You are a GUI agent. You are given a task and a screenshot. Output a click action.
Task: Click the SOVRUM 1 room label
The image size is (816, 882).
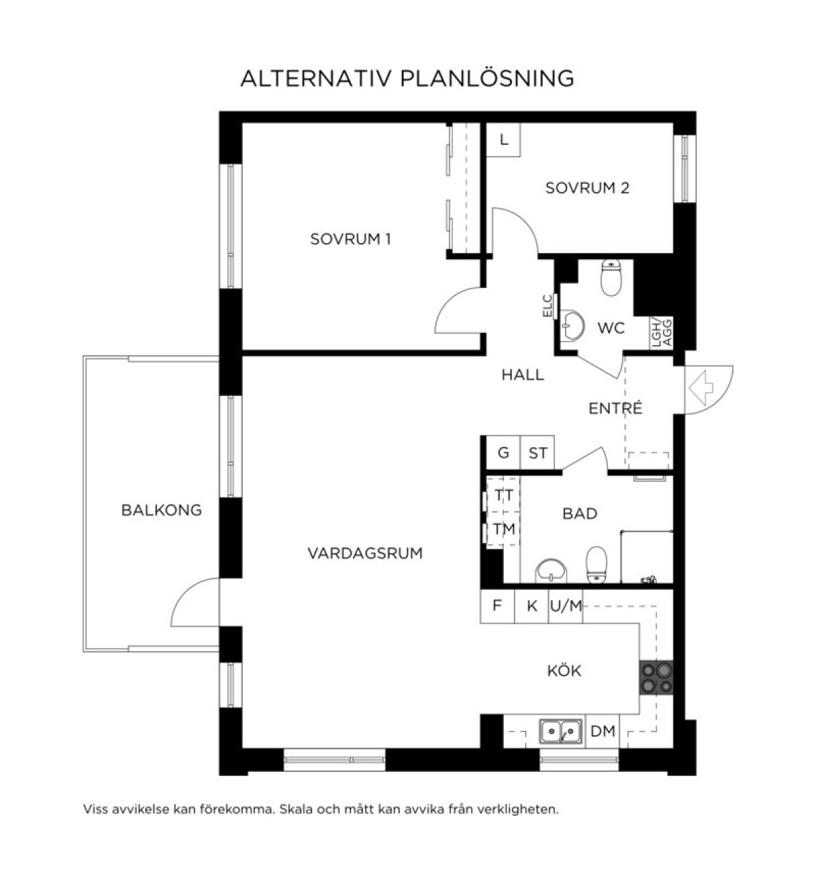pos(350,240)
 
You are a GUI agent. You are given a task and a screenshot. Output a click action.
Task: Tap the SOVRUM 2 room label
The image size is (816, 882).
pos(587,188)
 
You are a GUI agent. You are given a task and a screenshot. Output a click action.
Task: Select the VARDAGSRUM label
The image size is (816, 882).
pos(365,553)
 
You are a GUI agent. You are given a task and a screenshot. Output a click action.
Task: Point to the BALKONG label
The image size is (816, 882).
pos(162,510)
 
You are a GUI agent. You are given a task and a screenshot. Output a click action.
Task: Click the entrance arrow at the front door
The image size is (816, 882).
pos(701,388)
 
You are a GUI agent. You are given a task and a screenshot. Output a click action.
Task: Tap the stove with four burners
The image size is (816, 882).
pos(656,678)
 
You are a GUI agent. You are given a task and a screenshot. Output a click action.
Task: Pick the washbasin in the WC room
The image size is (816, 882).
pos(573,325)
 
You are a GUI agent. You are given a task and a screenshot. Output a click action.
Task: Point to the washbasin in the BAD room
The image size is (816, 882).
pos(551,571)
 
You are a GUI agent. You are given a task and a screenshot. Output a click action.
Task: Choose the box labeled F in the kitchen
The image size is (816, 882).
pos(497,605)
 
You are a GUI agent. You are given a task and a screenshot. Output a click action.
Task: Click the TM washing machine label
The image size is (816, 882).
pos(504,529)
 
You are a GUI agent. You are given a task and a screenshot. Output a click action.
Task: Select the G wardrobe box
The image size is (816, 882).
pos(503,453)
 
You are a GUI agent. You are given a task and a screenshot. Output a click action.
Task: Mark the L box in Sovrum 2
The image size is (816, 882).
pos(503,140)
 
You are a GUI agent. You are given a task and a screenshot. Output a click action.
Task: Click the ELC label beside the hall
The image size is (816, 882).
pos(548,306)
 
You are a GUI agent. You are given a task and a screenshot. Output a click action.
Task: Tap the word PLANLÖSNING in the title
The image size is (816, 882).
pos(487,79)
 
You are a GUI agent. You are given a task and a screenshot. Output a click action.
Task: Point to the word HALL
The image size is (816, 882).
pos(522,375)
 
